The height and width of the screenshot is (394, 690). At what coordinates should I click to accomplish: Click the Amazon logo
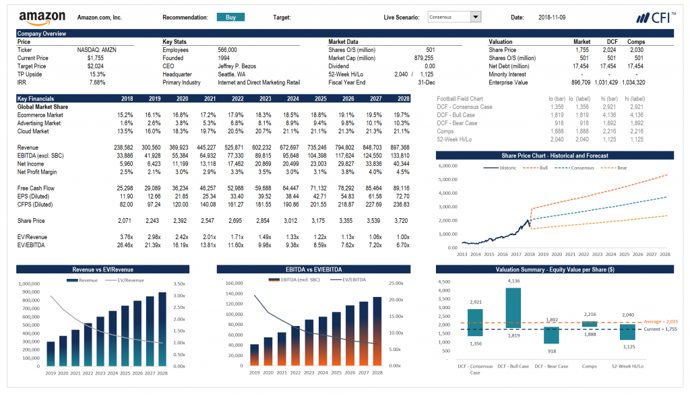pyautogui.click(x=42, y=18)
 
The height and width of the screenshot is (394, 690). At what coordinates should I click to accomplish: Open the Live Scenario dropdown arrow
pyautogui.click(x=476, y=17)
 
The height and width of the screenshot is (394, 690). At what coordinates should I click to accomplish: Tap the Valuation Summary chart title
pyautogui.click(x=555, y=269)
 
